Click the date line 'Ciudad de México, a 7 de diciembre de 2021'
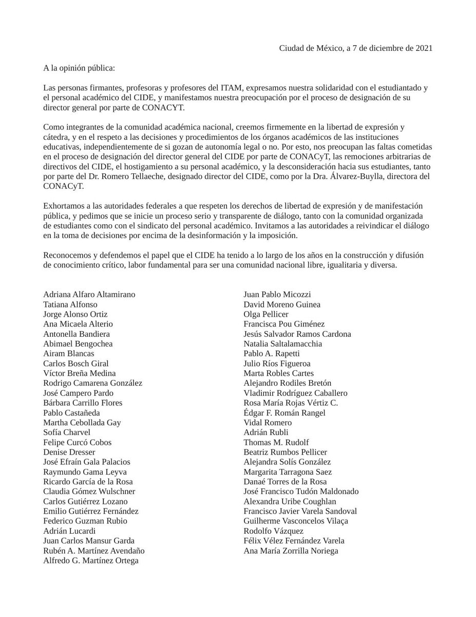(x=355, y=48)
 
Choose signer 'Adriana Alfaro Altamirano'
(x=89, y=295)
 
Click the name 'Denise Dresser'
(x=69, y=452)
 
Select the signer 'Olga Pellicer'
(x=266, y=314)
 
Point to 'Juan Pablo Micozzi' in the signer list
(x=277, y=295)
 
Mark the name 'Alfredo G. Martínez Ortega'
(x=91, y=560)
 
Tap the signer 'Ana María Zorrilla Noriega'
(x=291, y=551)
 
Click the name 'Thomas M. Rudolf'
(x=276, y=442)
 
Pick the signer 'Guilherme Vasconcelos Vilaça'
(x=296, y=521)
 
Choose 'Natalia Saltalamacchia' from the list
(x=283, y=343)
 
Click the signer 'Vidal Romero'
(x=268, y=423)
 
